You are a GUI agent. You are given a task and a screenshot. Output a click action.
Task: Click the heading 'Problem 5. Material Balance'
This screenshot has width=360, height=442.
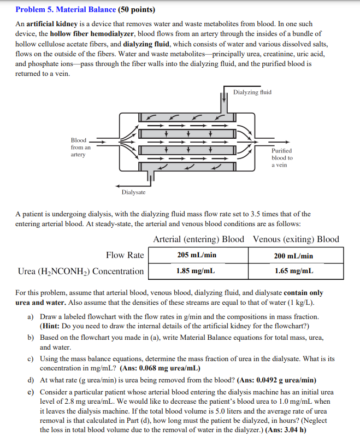(66, 9)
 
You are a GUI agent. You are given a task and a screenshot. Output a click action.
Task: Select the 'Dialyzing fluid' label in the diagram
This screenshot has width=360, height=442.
(252, 92)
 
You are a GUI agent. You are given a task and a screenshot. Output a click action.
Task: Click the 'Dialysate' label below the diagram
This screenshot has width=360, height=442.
(133, 192)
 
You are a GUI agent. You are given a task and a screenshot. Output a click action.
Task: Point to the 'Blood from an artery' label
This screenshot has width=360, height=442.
(80, 148)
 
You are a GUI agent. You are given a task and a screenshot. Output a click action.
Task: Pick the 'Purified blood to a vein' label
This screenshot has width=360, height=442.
(282, 157)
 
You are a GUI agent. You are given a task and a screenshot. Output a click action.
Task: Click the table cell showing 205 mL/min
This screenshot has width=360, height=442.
(197, 255)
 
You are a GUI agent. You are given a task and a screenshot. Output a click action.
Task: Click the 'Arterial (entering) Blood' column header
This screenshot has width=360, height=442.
(199, 239)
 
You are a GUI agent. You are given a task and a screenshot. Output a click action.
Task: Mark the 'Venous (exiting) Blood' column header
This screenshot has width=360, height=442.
(296, 239)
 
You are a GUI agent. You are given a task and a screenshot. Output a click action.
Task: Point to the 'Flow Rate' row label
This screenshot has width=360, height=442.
(125, 255)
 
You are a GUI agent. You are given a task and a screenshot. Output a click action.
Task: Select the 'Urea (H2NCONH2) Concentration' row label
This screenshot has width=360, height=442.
(81, 271)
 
